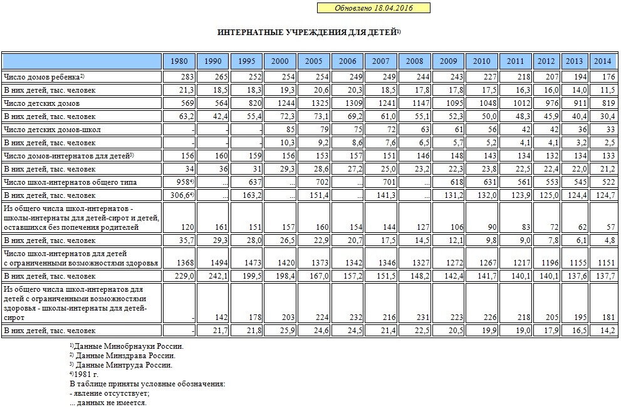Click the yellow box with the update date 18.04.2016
point(373,8)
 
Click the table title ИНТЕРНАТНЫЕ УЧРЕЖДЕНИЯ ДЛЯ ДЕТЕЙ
point(308,32)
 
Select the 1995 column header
point(246,61)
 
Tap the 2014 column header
point(602,61)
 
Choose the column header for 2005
point(314,61)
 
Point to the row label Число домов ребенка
point(44,77)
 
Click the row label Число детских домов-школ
point(52,129)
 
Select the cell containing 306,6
point(179,195)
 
